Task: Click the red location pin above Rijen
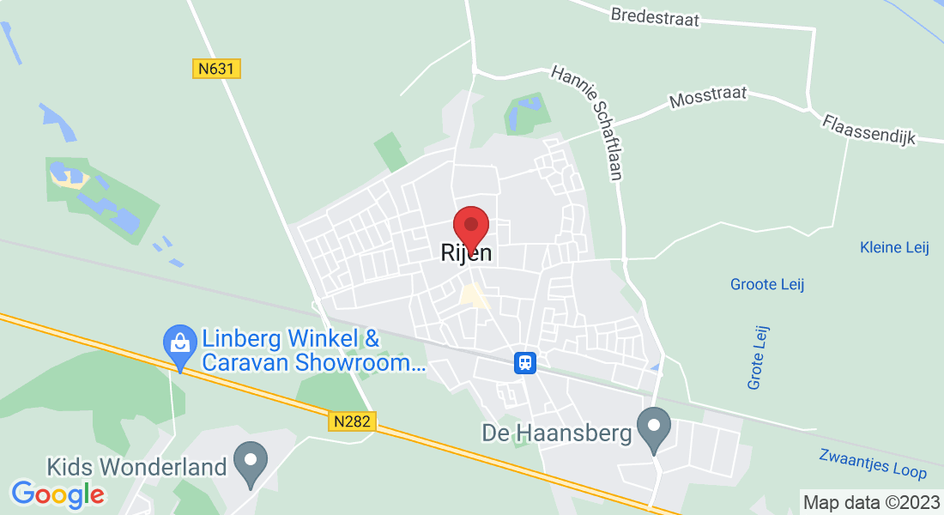tap(470, 226)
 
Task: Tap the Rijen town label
tap(466, 253)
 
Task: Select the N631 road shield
tap(215, 68)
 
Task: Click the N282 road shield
tap(352, 421)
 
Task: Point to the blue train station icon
tap(525, 363)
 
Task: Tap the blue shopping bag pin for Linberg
tap(179, 343)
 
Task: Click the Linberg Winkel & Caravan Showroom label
tap(313, 349)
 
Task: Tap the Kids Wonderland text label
tap(136, 467)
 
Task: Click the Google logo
tap(58, 494)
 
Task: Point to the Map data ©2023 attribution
tap(870, 502)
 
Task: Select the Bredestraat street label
tap(655, 17)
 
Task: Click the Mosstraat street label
tap(708, 96)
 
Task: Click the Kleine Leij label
tap(894, 247)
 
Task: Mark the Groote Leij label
tap(767, 284)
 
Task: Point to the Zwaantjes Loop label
tap(871, 463)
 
